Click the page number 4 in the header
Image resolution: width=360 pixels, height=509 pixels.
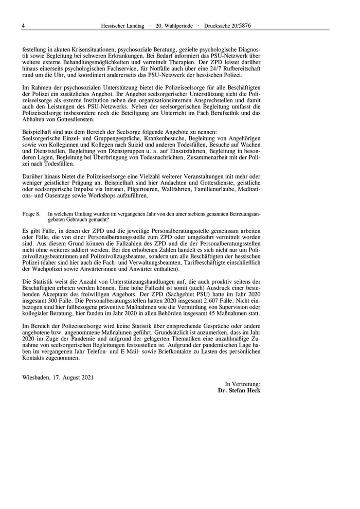(x=24, y=25)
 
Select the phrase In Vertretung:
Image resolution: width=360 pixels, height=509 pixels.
(x=243, y=384)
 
